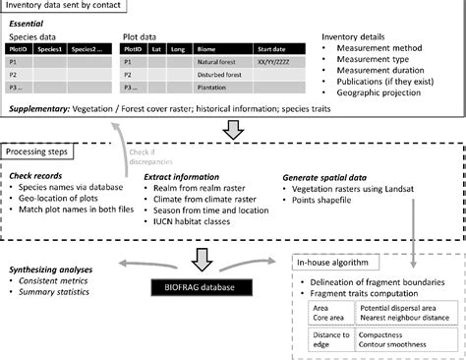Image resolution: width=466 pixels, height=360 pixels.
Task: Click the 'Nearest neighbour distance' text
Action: (397, 318)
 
